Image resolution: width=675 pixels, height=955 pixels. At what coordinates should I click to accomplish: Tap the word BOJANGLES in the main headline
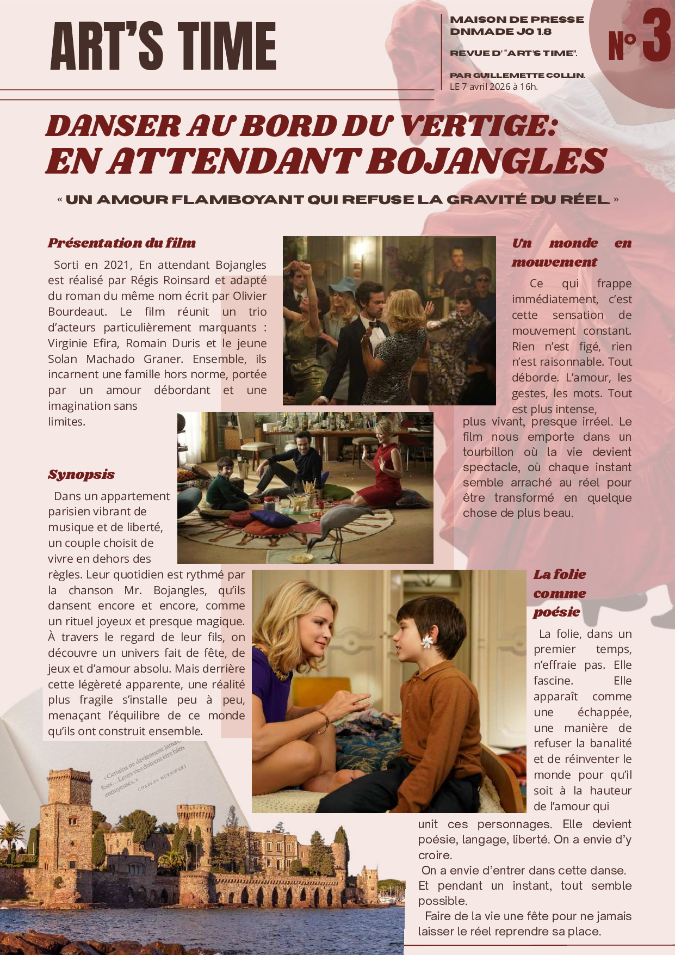coord(486,161)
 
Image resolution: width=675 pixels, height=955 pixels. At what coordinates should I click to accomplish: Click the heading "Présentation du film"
coord(121,243)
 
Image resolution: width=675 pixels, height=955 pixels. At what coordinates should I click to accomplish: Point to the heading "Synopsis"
coord(81,475)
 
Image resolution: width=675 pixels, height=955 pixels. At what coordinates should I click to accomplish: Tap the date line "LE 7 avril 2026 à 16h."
coord(493,87)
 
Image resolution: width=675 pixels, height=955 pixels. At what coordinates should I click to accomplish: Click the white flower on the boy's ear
coord(426,643)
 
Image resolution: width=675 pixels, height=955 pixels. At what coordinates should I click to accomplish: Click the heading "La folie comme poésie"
coord(559,593)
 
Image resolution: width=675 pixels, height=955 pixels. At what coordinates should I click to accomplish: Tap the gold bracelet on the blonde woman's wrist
coord(324,720)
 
